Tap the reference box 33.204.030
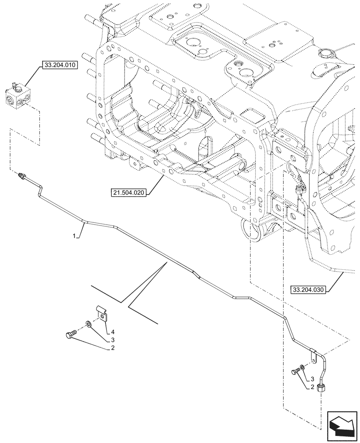(309, 290)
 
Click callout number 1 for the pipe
(75, 237)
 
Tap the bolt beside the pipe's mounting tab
(295, 373)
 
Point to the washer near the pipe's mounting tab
(302, 367)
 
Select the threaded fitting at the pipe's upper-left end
(20, 176)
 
